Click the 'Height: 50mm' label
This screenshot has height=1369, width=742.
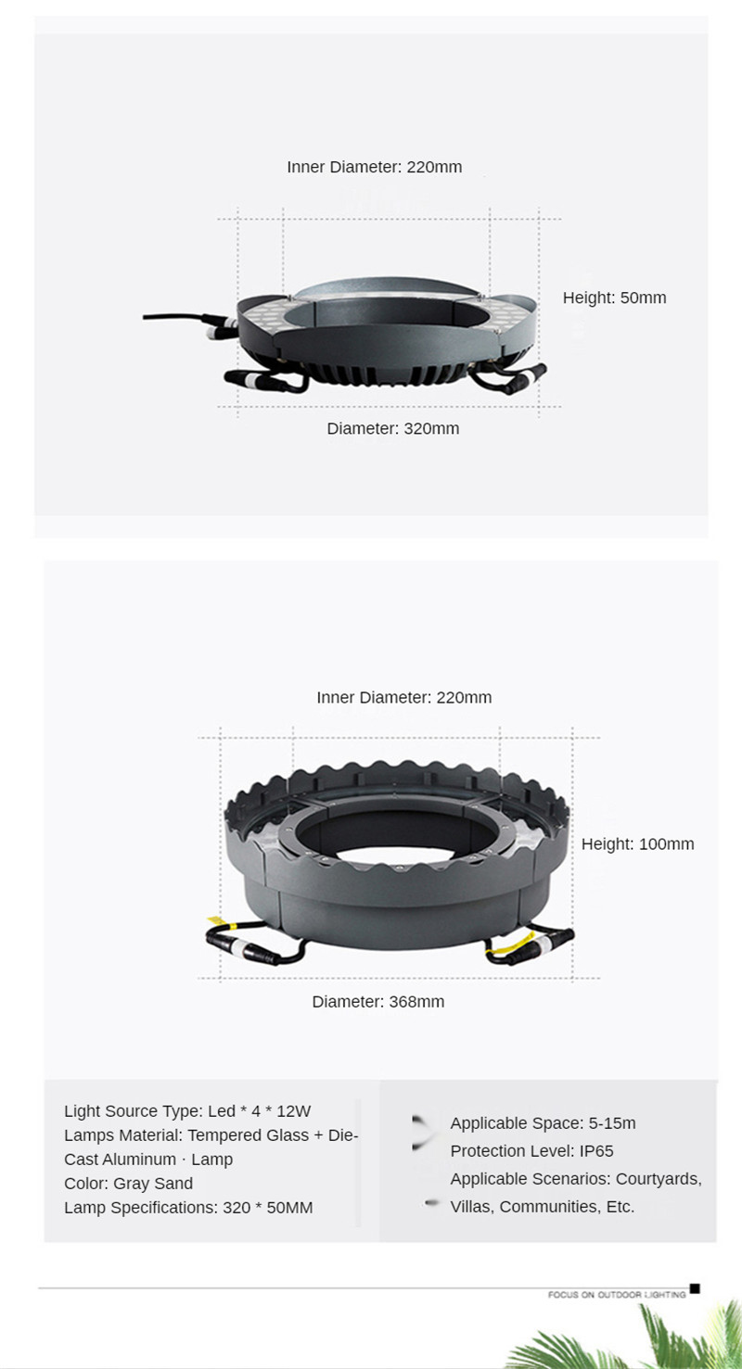coord(614,298)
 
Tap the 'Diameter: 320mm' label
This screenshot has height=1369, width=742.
coord(392,428)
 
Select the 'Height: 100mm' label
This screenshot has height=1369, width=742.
coord(637,844)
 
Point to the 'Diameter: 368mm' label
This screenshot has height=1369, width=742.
coord(378,1002)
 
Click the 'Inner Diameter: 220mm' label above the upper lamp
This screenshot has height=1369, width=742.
coord(375,167)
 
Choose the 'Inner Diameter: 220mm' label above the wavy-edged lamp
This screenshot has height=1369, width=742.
coord(403,697)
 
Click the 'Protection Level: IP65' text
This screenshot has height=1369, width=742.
coord(531,1151)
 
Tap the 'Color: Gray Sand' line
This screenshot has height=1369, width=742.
coord(128,1184)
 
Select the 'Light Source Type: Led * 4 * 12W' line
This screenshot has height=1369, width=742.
coord(187,1110)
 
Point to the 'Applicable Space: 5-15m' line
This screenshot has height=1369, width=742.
coord(544,1122)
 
